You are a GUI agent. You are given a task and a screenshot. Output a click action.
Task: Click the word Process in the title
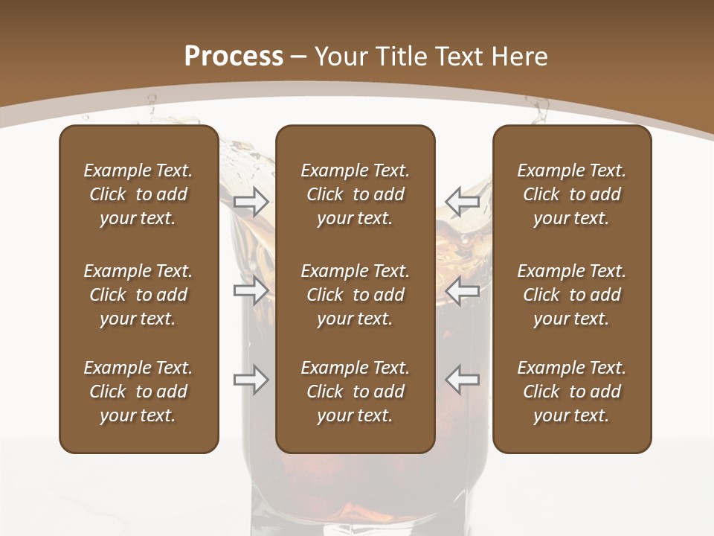click(x=234, y=57)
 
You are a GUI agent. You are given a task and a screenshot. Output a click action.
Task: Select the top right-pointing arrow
click(x=251, y=202)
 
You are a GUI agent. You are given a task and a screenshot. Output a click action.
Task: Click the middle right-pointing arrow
click(x=251, y=291)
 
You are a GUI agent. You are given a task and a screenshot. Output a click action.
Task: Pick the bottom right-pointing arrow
click(x=251, y=380)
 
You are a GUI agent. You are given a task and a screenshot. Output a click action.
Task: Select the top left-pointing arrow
click(x=462, y=202)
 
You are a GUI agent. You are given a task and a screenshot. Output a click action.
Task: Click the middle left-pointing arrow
click(x=462, y=291)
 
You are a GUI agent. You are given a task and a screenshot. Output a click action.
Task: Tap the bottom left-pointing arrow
click(x=462, y=380)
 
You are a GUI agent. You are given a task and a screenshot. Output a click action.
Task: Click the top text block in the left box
click(x=138, y=194)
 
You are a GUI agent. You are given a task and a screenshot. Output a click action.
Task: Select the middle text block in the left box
click(x=138, y=295)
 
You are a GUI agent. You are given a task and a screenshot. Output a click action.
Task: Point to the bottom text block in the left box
click(x=138, y=392)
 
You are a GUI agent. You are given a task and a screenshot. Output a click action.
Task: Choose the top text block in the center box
click(x=355, y=194)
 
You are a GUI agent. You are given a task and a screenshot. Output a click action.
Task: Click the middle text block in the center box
click(x=355, y=295)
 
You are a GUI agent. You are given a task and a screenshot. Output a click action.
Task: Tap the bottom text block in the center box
click(x=355, y=392)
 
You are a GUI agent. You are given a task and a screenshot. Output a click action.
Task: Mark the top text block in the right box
click(x=571, y=194)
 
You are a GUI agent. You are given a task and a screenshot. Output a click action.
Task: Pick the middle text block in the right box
click(x=571, y=295)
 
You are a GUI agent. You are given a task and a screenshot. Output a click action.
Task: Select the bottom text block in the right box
click(x=571, y=392)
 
